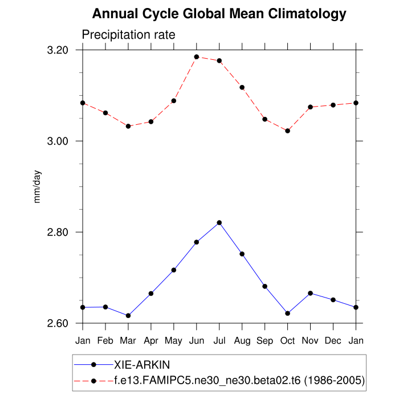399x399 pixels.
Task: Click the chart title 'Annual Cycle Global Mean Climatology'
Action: click(219, 14)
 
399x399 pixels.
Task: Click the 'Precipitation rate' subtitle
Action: click(128, 35)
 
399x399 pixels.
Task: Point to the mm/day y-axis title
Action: click(38, 187)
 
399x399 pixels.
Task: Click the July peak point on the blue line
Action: click(219, 222)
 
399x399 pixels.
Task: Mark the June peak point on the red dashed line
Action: click(197, 57)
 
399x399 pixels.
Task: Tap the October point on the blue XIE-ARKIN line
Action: click(288, 313)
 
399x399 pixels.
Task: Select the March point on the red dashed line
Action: click(128, 126)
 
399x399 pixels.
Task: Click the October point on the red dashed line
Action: click(288, 131)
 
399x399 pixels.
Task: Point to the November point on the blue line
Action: click(311, 293)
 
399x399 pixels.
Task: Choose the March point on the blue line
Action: click(128, 315)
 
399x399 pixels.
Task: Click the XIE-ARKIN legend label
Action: click(142, 364)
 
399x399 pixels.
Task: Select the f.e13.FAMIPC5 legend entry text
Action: click(239, 380)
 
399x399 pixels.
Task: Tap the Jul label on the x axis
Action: click(219, 341)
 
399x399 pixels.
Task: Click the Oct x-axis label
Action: click(288, 341)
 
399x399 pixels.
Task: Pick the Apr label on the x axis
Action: click(151, 341)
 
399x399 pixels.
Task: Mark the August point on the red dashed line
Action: click(242, 87)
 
